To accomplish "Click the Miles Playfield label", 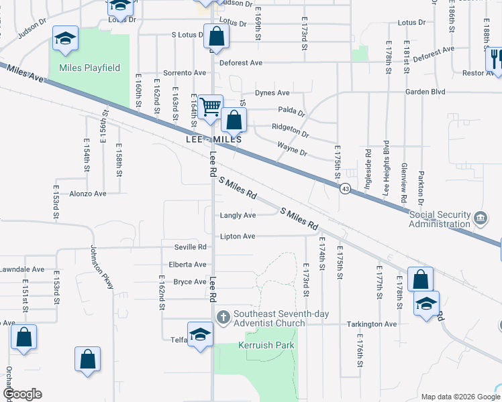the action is pyautogui.click(x=89, y=68).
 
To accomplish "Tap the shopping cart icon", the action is pyautogui.click(x=211, y=106).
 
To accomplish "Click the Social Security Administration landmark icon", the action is pyautogui.click(x=481, y=218).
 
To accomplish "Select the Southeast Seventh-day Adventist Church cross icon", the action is pyautogui.click(x=223, y=316).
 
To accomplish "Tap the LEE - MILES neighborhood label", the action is pyautogui.click(x=213, y=140).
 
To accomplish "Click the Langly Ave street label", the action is pyautogui.click(x=238, y=215).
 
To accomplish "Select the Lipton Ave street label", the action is pyautogui.click(x=238, y=237).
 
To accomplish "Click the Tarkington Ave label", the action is pyautogui.click(x=372, y=324).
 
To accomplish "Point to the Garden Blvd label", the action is pyautogui.click(x=425, y=92).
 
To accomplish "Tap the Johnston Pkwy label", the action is pyautogui.click(x=103, y=267).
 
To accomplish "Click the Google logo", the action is pyautogui.click(x=22, y=394).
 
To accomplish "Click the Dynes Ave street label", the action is pyautogui.click(x=272, y=93).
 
